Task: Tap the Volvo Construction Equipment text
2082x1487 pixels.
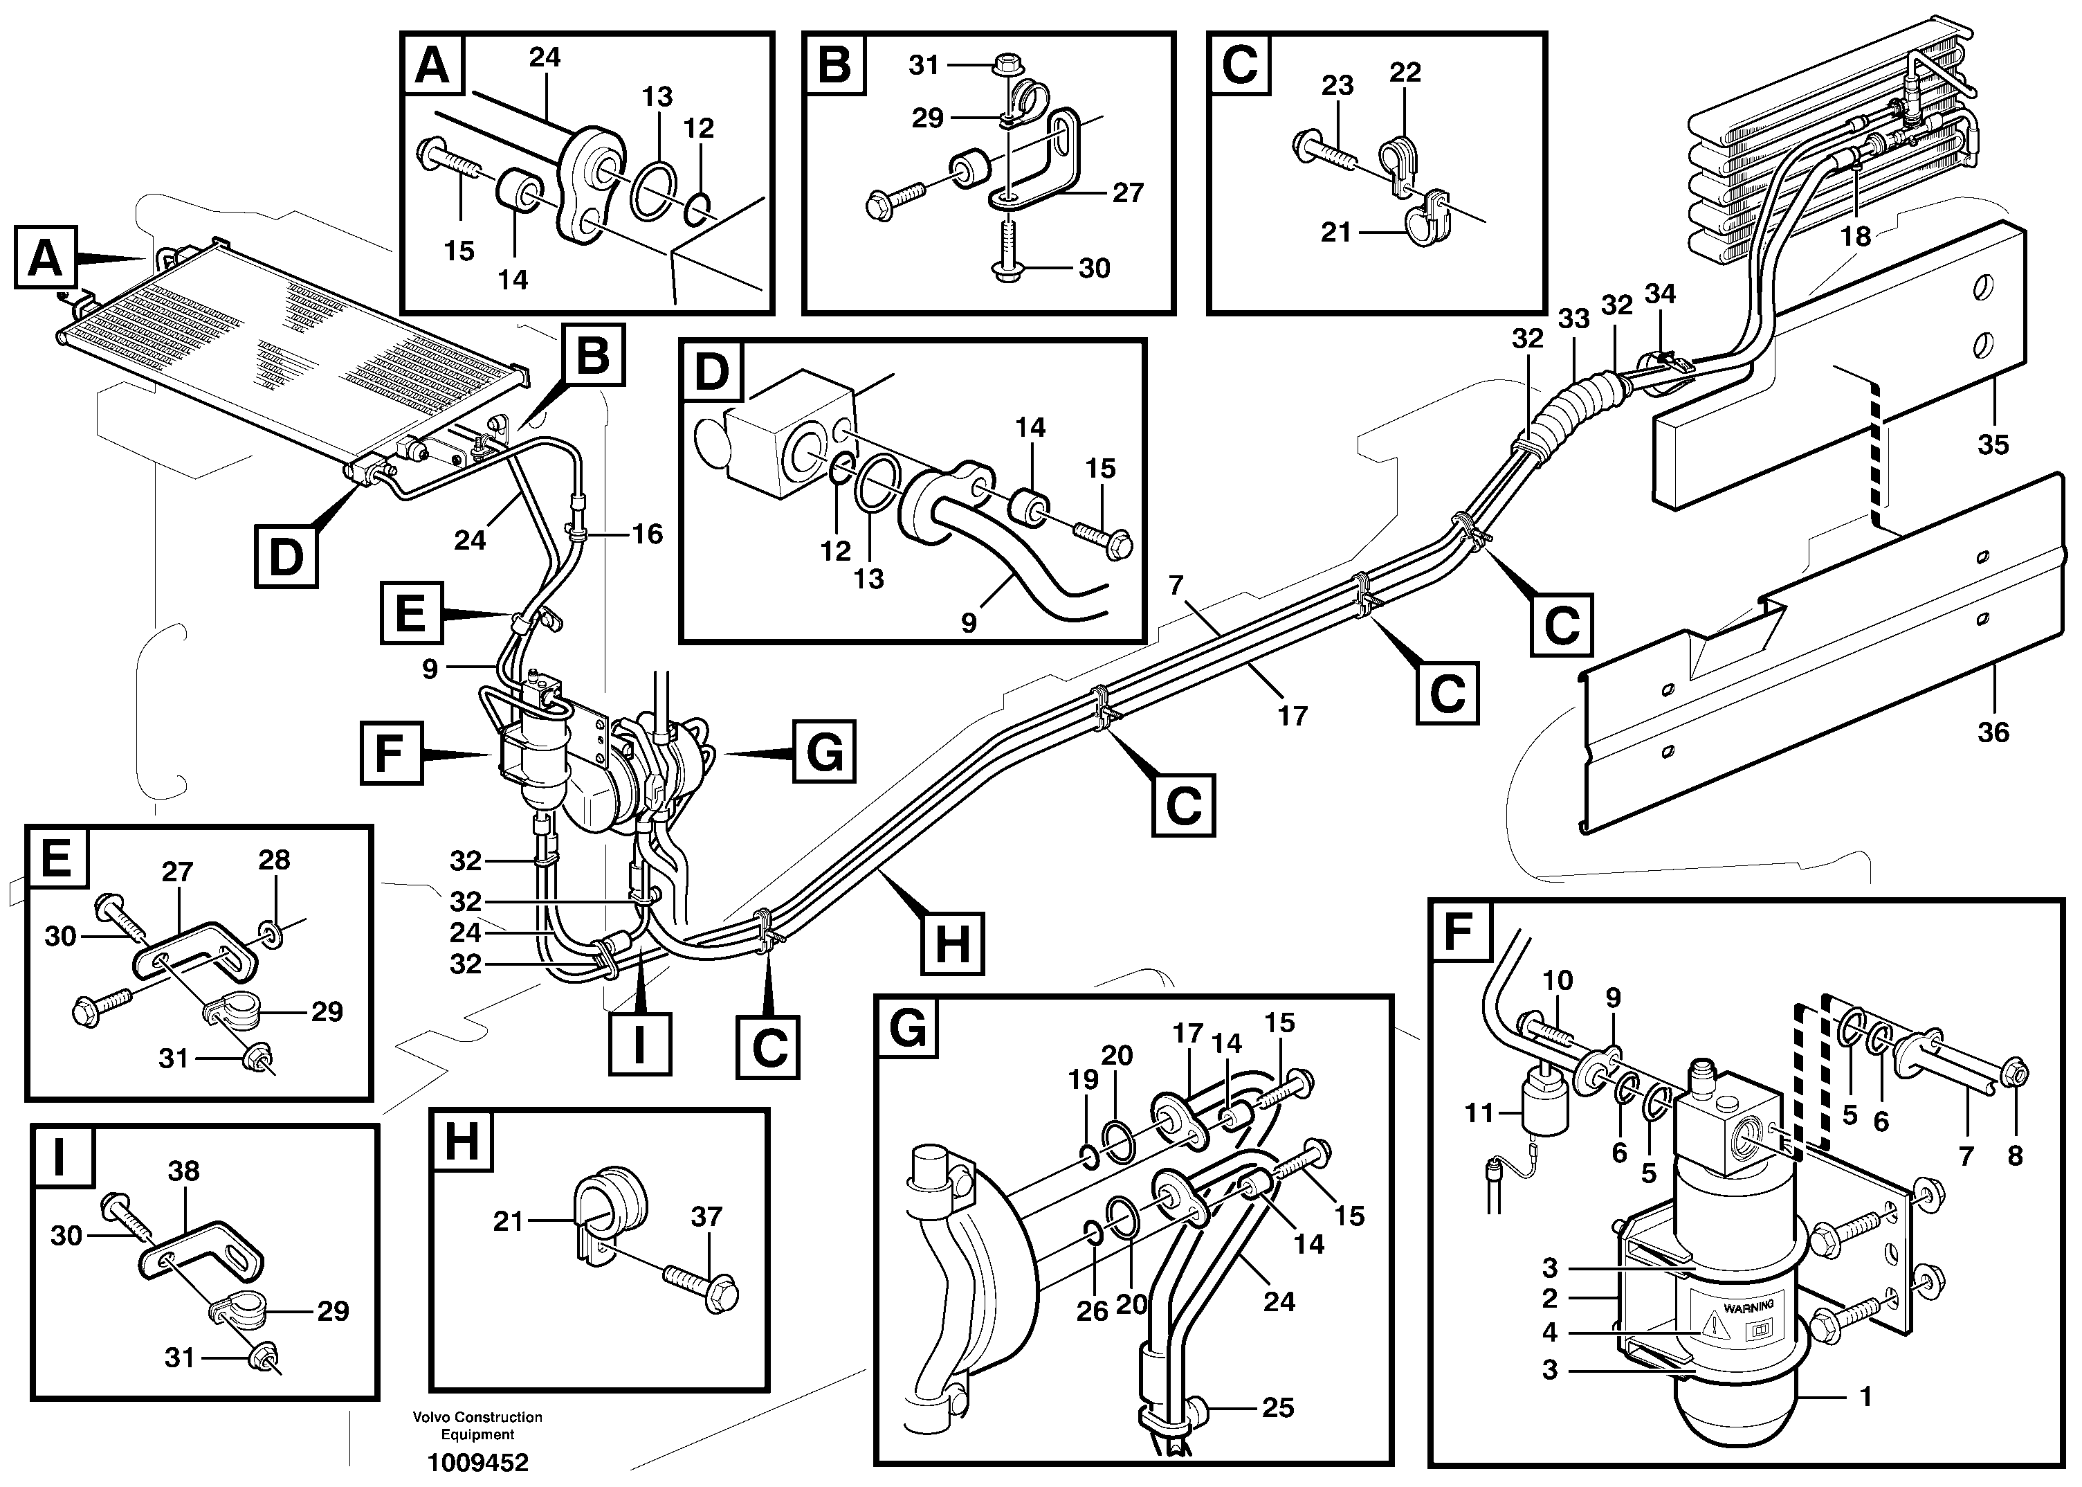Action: (x=477, y=1425)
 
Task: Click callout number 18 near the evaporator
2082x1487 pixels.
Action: (x=1855, y=236)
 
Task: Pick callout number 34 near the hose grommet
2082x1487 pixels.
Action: (x=1659, y=294)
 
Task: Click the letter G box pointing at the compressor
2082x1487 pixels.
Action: (x=823, y=752)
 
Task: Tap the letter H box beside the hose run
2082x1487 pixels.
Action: (x=952, y=942)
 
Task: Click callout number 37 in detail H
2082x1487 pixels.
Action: (x=706, y=1217)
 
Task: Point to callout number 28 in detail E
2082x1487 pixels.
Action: (x=273, y=860)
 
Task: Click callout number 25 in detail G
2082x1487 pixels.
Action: (x=1277, y=1407)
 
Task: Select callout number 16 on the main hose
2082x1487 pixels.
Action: (x=647, y=534)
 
